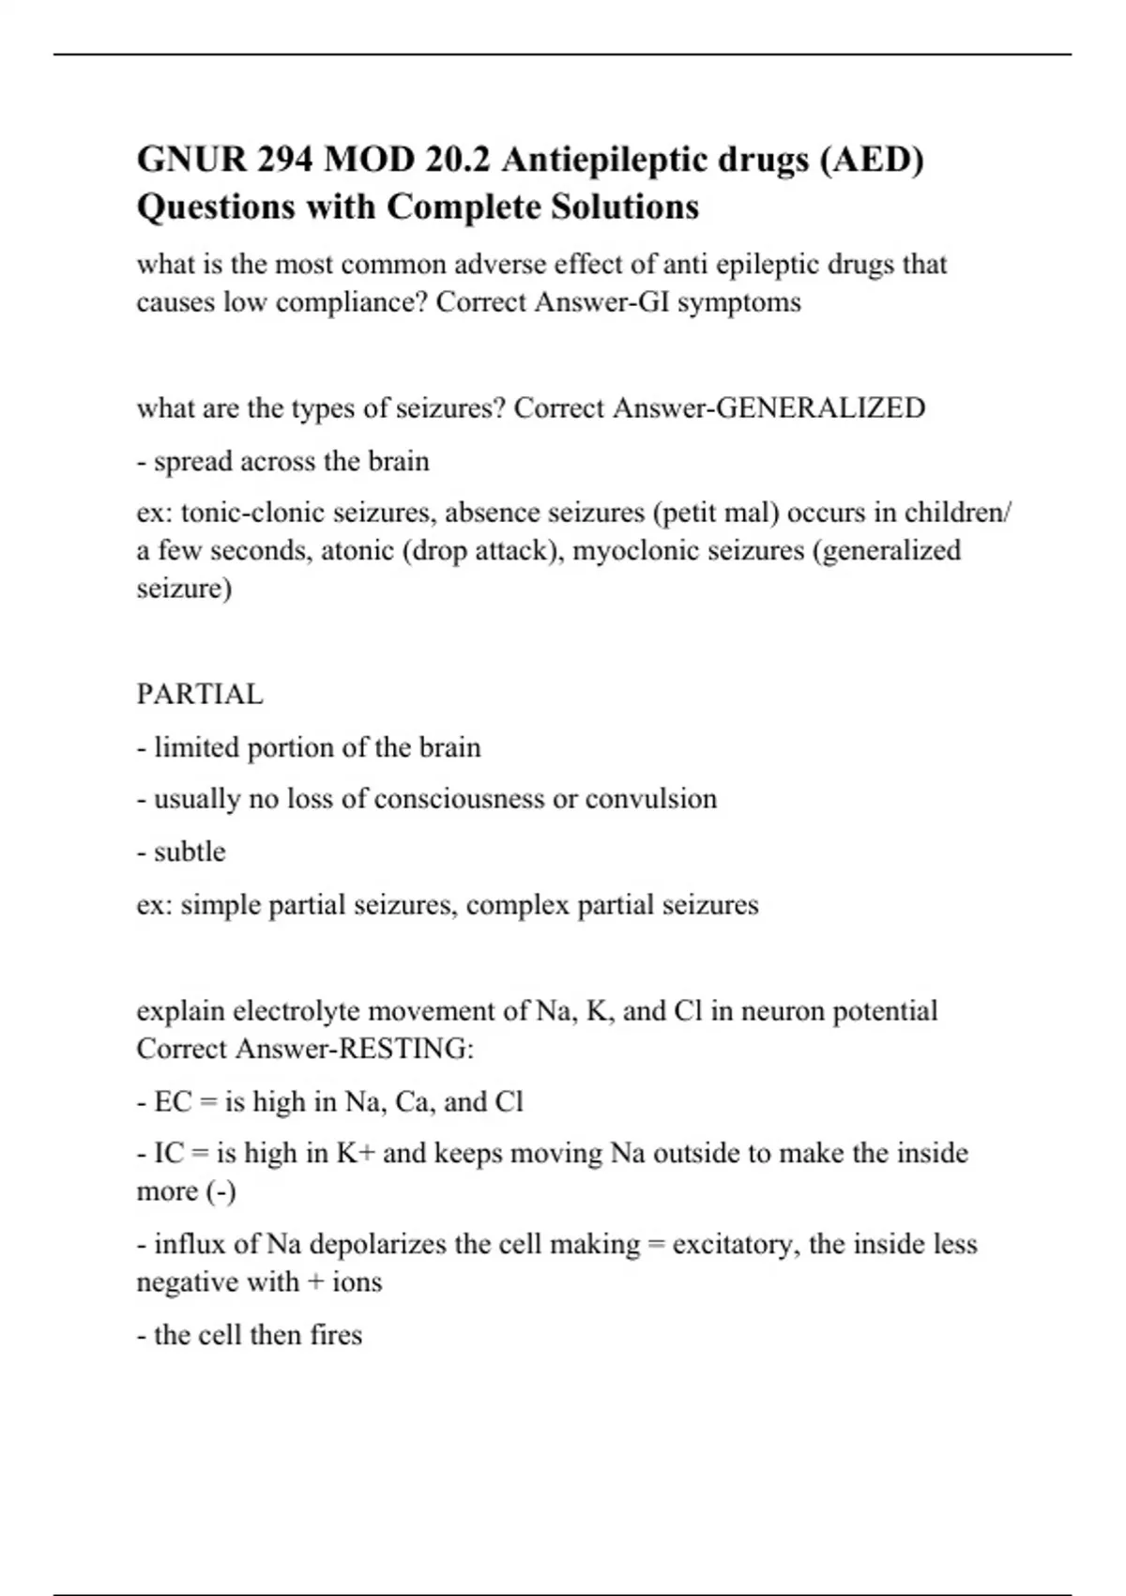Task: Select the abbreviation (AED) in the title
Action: coord(872,161)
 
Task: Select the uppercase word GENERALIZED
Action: coord(820,408)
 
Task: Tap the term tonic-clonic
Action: coord(238,513)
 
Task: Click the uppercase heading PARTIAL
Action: coord(200,695)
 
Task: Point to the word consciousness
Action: coord(460,799)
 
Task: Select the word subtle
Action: coord(190,852)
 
